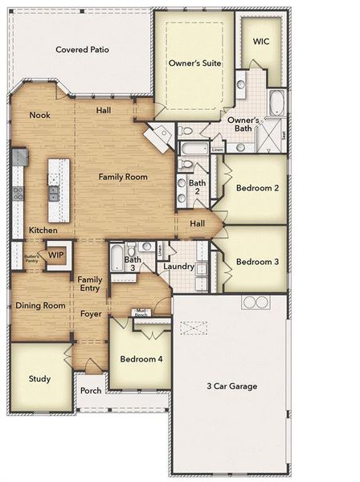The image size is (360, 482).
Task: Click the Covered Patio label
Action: tap(82, 50)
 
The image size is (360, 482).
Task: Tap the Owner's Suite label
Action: tap(194, 63)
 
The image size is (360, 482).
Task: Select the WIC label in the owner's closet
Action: tap(261, 41)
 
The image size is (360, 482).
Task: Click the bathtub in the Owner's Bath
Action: tap(276, 102)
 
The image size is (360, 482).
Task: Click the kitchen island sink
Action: tap(54, 193)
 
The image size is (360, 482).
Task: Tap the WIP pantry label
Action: tap(55, 255)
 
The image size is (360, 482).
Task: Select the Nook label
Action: tap(40, 115)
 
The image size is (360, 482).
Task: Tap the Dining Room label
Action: tap(40, 305)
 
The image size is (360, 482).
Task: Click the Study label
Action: tap(39, 378)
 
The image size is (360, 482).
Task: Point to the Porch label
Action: tap(91, 390)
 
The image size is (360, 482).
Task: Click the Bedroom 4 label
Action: tap(141, 358)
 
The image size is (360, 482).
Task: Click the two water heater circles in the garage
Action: tap(256, 302)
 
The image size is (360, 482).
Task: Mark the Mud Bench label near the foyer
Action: tap(141, 312)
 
